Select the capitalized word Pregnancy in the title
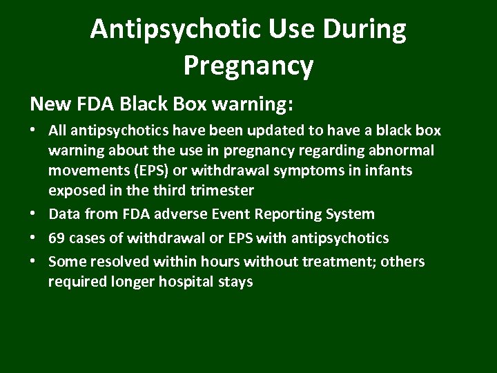248,66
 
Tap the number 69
57,238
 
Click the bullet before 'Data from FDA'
35,215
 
